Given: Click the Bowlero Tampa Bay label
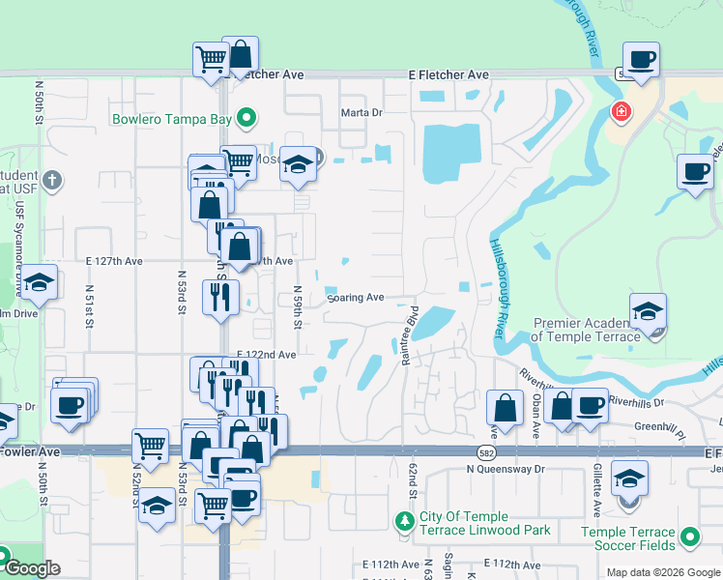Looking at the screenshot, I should pyautogui.click(x=172, y=120).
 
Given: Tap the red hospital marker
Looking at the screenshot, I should pyautogui.click(x=620, y=113).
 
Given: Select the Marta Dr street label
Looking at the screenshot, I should pyautogui.click(x=362, y=113).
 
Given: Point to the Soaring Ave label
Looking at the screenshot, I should pyautogui.click(x=356, y=298).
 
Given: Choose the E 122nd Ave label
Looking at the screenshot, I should pyautogui.click(x=267, y=355).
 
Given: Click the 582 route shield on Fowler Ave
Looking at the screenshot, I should pyautogui.click(x=486, y=451).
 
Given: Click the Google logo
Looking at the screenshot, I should pyautogui.click(x=31, y=568).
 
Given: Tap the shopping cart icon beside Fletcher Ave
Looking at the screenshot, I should pyautogui.click(x=210, y=60).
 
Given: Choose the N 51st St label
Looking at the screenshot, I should pyautogui.click(x=88, y=306).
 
